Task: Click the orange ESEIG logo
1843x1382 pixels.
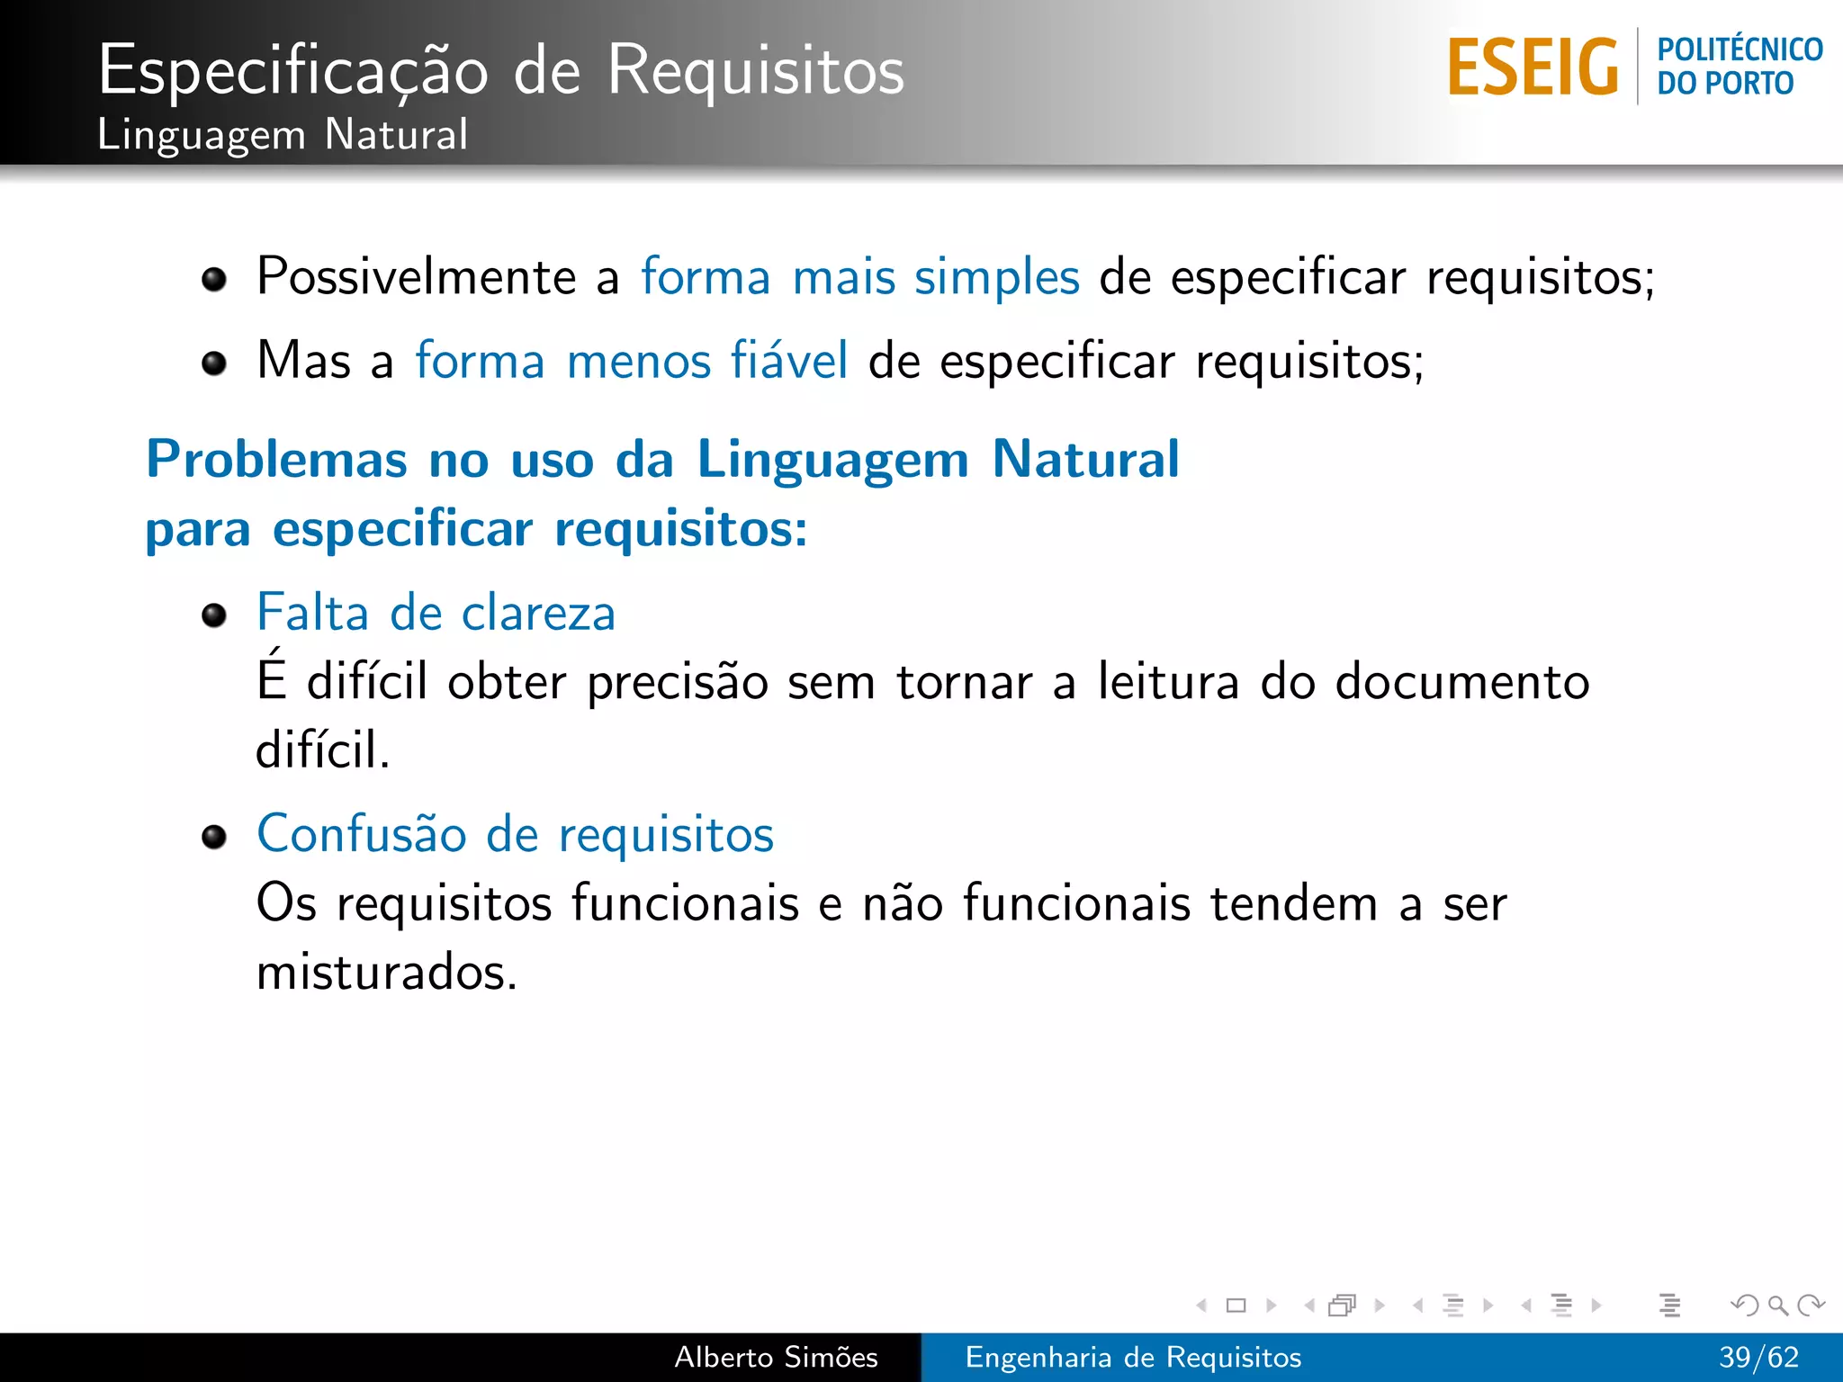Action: click(1533, 67)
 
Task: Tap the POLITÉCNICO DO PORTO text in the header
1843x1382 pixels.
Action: click(1739, 67)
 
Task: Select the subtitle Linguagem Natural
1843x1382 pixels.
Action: click(283, 135)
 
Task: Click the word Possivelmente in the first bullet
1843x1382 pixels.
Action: click(416, 276)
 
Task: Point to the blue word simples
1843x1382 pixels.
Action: click(996, 276)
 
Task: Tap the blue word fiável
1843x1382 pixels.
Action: click(788, 361)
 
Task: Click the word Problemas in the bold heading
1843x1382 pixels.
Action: click(276, 460)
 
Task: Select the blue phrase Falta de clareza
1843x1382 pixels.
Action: click(436, 613)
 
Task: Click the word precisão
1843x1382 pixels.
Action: click(677, 682)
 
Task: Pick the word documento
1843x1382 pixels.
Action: click(1462, 681)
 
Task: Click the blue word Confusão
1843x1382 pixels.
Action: click(361, 834)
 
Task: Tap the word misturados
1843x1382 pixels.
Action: click(386, 973)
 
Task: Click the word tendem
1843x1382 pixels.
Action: click(1293, 903)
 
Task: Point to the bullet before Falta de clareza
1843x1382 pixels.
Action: click(214, 616)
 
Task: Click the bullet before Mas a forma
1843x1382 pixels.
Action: click(214, 363)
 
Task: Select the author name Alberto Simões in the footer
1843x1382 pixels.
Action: click(776, 1357)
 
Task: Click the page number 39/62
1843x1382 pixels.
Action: click(1758, 1357)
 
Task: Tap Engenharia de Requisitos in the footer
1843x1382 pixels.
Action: click(1133, 1357)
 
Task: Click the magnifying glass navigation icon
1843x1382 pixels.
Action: click(1777, 1305)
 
